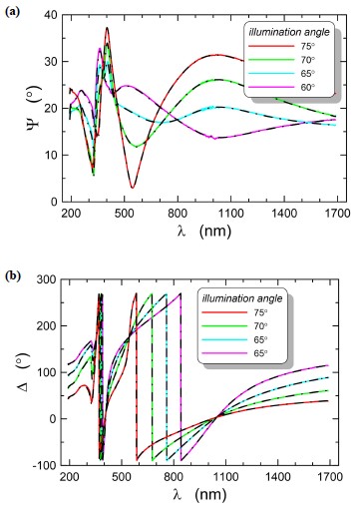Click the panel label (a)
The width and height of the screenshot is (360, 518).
pos(13,12)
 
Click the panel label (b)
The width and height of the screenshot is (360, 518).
pos(13,275)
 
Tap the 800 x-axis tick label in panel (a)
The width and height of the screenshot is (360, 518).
pos(178,214)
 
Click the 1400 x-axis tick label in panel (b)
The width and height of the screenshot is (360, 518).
pos(277,477)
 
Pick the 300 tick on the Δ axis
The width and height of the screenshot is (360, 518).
pos(46,279)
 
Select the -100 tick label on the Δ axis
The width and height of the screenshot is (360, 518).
pos(44,465)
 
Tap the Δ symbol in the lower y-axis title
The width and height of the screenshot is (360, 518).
pos(23,385)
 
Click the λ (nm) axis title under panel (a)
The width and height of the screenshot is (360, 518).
pos(204,231)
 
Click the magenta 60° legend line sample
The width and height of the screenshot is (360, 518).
pos(271,87)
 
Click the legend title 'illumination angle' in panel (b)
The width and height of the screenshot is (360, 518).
pos(242,298)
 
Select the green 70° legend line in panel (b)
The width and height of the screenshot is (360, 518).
pos(224,326)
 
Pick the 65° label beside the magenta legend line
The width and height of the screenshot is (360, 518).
pos(260,353)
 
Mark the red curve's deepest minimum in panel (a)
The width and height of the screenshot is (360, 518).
pos(133,188)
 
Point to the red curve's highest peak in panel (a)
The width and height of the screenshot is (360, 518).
pos(107,28)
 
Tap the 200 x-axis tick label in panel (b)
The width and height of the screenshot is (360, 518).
pos(70,477)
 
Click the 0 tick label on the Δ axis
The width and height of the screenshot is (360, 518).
pos(53,419)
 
